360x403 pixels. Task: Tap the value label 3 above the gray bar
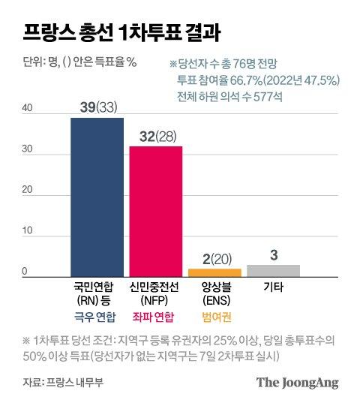pyautogui.click(x=274, y=255)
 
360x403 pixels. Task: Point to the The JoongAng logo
pyautogui.click(x=298, y=382)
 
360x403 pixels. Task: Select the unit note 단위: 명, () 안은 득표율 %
pyautogui.click(x=75, y=61)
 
